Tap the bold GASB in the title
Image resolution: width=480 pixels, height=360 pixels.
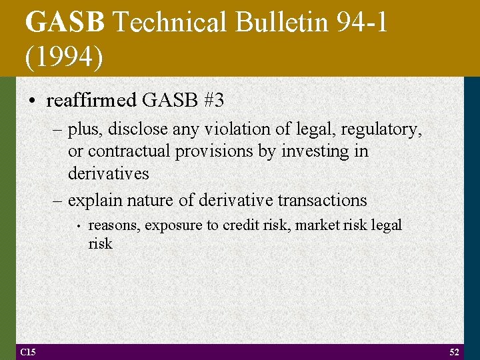pos(65,23)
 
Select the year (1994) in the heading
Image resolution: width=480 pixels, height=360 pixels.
pos(65,57)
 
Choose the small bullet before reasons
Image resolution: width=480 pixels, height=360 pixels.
pos(79,226)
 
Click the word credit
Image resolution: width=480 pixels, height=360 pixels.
pos(240,225)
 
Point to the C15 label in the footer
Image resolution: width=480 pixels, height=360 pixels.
pos(28,351)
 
